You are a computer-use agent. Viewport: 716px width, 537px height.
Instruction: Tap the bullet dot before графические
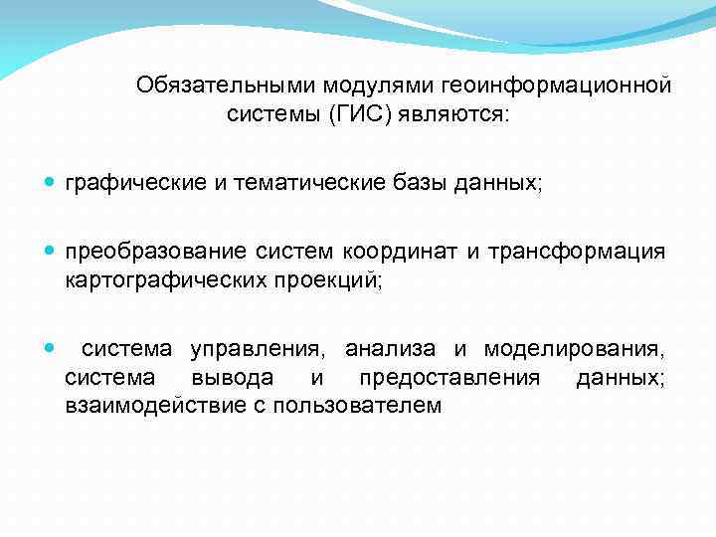point(50,184)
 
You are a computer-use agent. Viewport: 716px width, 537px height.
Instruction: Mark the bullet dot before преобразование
point(50,253)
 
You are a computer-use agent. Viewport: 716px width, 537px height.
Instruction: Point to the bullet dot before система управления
point(50,349)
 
